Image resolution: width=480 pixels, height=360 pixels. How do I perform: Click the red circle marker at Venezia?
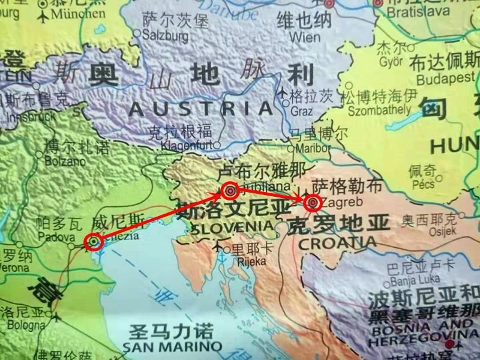(93, 241)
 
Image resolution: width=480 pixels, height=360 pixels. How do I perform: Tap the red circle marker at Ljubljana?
(230, 191)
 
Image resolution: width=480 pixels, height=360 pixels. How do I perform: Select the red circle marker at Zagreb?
(312, 203)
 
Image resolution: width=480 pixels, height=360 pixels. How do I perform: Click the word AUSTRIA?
(202, 109)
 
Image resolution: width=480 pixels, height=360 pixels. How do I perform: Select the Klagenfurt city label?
(187, 144)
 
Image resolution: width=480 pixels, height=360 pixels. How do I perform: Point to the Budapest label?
(445, 79)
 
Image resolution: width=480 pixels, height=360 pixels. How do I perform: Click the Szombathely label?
(376, 109)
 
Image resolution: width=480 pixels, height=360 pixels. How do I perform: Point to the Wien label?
(305, 37)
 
